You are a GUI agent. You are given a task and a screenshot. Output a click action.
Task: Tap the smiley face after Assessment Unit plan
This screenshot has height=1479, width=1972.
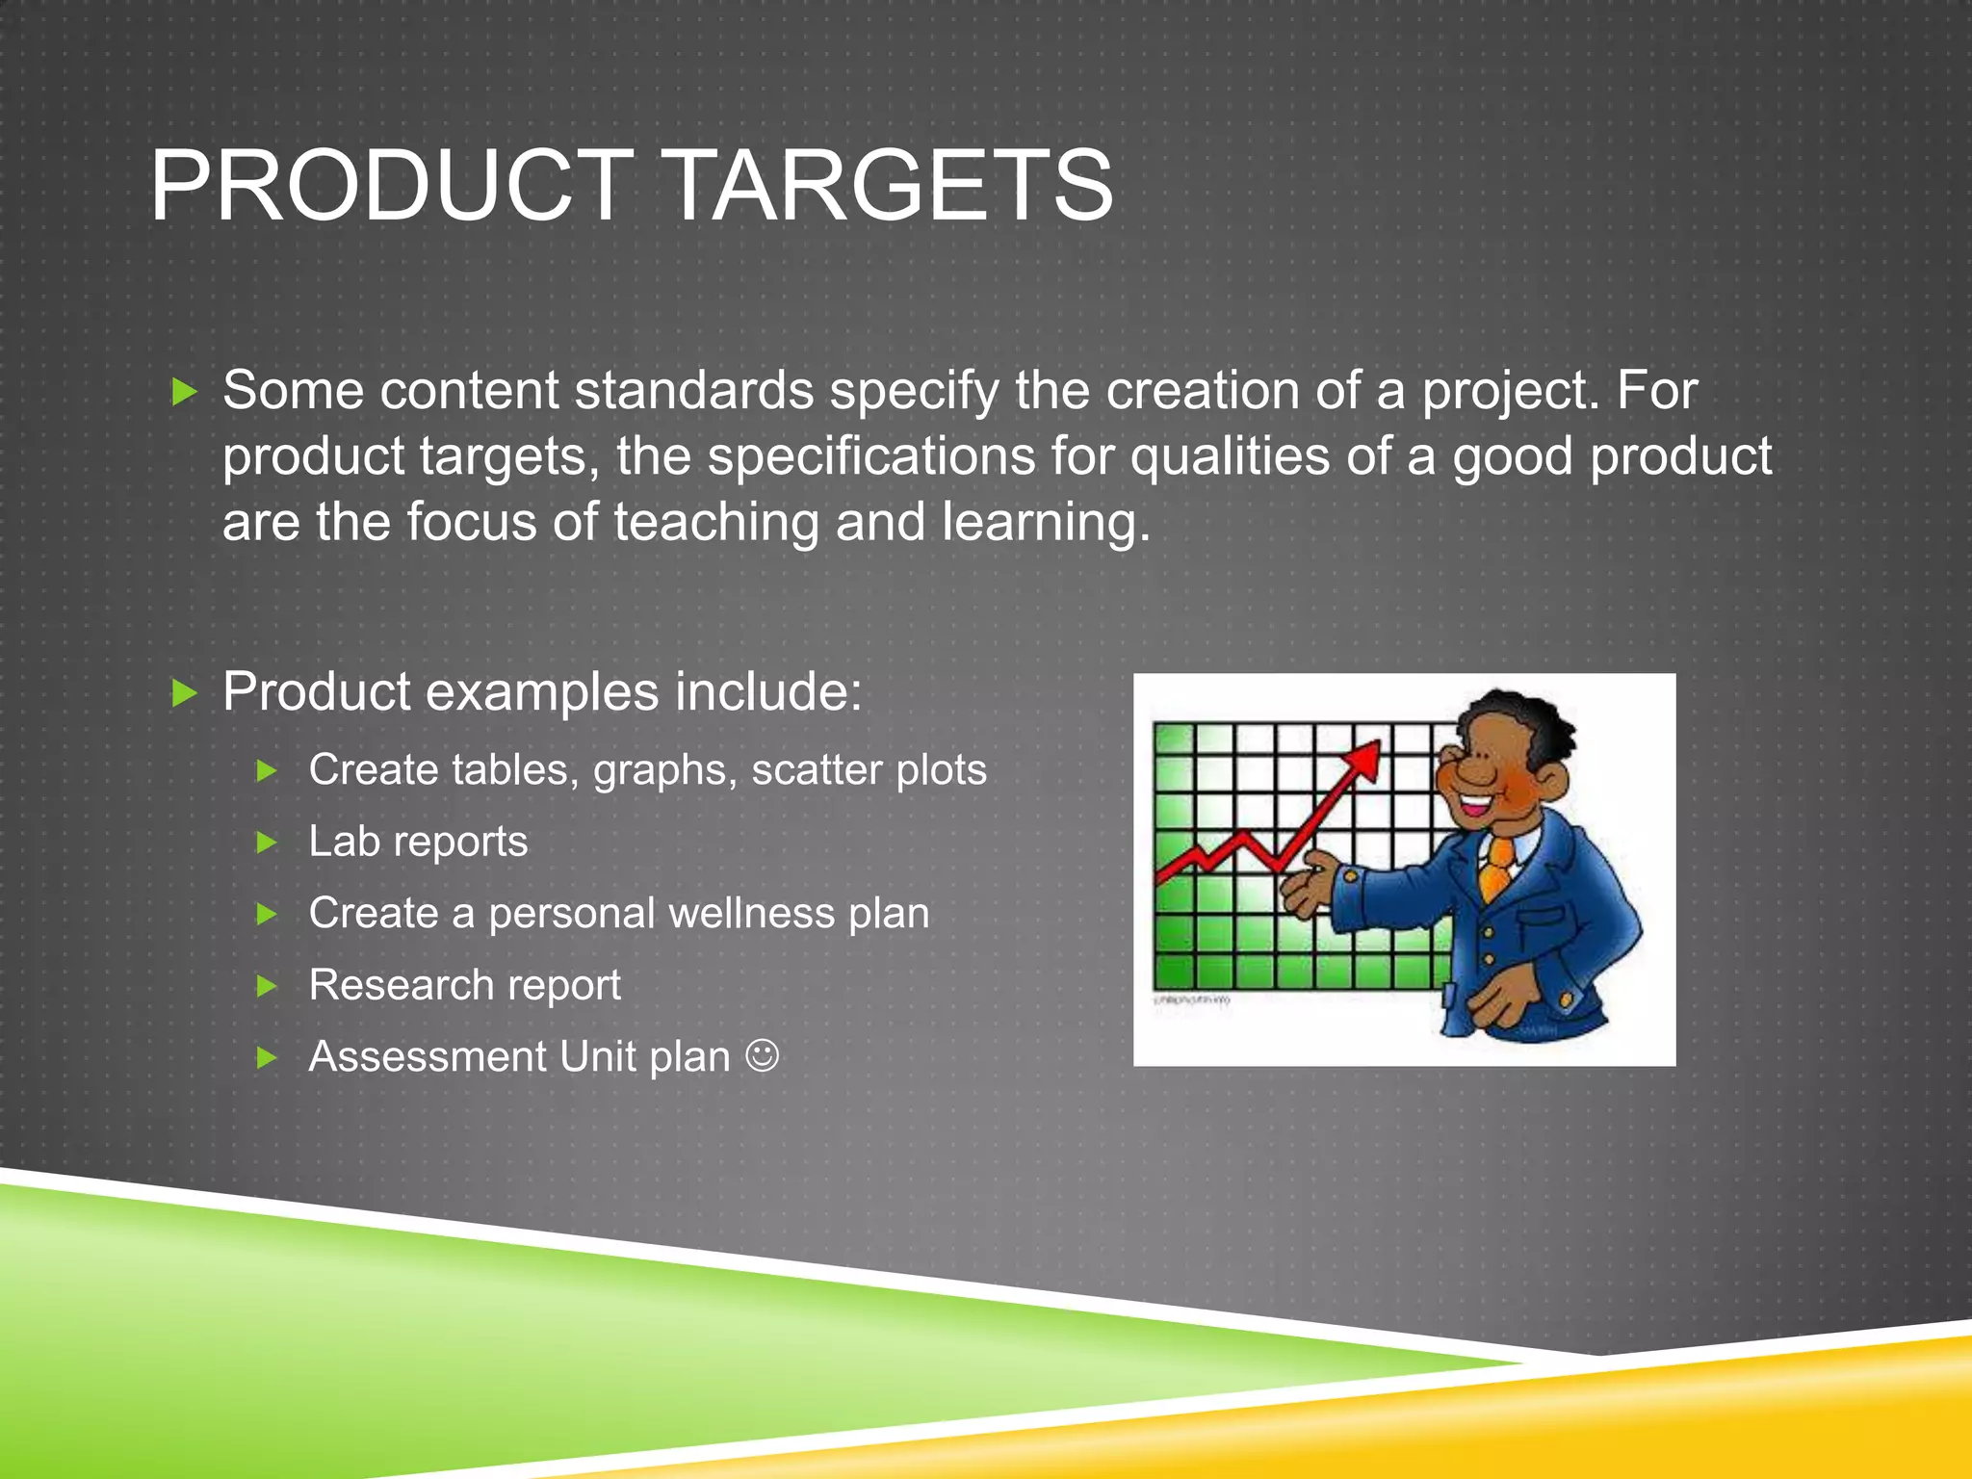pos(762,1055)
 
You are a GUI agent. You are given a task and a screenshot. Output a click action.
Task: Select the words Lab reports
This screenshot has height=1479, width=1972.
pos(418,842)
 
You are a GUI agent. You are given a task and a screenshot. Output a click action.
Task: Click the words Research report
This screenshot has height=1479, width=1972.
pos(464,985)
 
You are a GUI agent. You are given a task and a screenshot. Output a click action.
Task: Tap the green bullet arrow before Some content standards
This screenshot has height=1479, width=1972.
pos(184,392)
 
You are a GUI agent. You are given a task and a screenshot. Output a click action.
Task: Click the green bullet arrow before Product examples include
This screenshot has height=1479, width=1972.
pos(184,693)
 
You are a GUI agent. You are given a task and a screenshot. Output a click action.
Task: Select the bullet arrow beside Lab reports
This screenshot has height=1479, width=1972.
pos(267,843)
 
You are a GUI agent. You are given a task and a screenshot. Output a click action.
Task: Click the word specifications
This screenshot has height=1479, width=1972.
pos(869,456)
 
